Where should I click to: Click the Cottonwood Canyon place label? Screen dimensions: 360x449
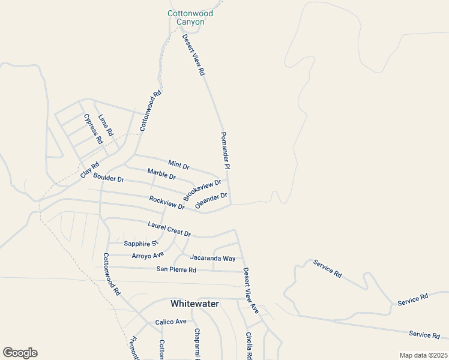(190, 17)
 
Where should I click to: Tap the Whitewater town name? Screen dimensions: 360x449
(194, 304)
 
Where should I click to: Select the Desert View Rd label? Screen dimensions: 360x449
(194, 55)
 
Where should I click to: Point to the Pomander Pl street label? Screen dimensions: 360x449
(226, 151)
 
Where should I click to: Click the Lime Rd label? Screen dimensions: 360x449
(106, 125)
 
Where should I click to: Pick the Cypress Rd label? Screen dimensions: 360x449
(94, 129)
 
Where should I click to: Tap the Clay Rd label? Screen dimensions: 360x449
(89, 170)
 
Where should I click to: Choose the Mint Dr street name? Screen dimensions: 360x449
(179, 164)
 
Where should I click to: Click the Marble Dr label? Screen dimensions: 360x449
(161, 175)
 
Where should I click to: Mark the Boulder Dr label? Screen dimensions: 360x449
(109, 178)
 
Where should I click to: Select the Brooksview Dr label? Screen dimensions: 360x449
(202, 190)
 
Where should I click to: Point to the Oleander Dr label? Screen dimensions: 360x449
(211, 200)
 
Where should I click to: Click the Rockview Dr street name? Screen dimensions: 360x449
(167, 203)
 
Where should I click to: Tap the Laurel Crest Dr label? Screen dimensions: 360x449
(169, 229)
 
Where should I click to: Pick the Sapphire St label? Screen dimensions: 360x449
(140, 243)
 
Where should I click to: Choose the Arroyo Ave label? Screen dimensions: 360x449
(148, 256)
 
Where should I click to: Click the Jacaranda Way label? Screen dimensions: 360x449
(212, 258)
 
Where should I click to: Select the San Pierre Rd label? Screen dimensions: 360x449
(176, 269)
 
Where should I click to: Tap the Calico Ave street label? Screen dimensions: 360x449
(170, 322)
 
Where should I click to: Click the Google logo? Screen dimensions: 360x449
(20, 353)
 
